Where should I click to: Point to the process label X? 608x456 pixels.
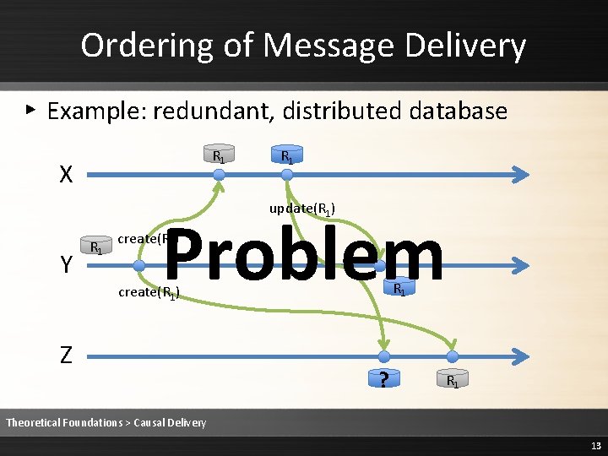[66, 175]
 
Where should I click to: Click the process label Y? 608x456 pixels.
[66, 265]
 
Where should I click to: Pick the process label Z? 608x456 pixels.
[66, 356]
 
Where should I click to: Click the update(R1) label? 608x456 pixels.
[303, 208]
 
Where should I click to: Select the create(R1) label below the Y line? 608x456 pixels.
[149, 293]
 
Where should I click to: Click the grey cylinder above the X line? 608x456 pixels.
[218, 155]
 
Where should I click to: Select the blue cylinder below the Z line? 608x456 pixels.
[453, 379]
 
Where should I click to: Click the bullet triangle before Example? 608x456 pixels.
[30, 110]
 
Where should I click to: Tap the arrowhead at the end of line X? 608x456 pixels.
[523, 175]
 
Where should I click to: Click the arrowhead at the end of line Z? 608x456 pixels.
[523, 356]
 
